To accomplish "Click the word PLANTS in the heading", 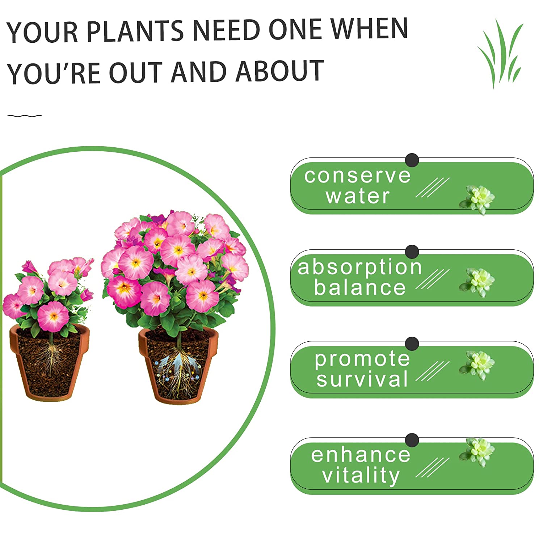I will click(135, 31).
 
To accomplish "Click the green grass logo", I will click(501, 54).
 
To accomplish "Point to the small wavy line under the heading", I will click(25, 116).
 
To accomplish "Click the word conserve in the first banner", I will click(357, 176).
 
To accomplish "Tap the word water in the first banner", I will click(357, 196).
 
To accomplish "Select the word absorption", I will click(359, 267).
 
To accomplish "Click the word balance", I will click(359, 288).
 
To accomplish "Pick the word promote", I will click(362, 359).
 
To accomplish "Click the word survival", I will click(362, 379).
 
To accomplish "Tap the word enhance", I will click(361, 455).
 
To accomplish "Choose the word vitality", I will click(361, 475).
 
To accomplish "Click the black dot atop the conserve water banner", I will click(412, 160).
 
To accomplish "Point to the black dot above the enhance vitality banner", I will click(412, 440).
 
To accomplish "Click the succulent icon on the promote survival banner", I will click(477, 365).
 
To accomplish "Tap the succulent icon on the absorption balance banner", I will click(477, 282).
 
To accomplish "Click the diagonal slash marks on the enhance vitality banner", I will click(432, 467).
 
